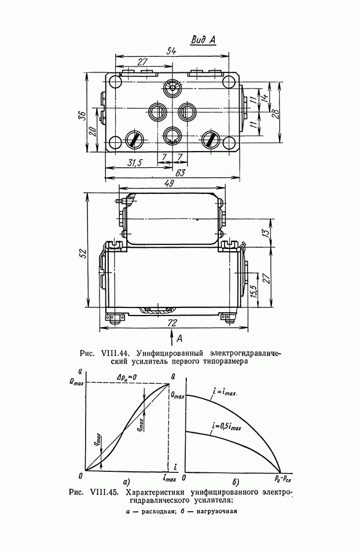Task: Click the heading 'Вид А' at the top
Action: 203,40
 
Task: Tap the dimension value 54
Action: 171,51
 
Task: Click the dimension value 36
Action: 81,115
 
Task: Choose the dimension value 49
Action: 170,184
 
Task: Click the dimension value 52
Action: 82,254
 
